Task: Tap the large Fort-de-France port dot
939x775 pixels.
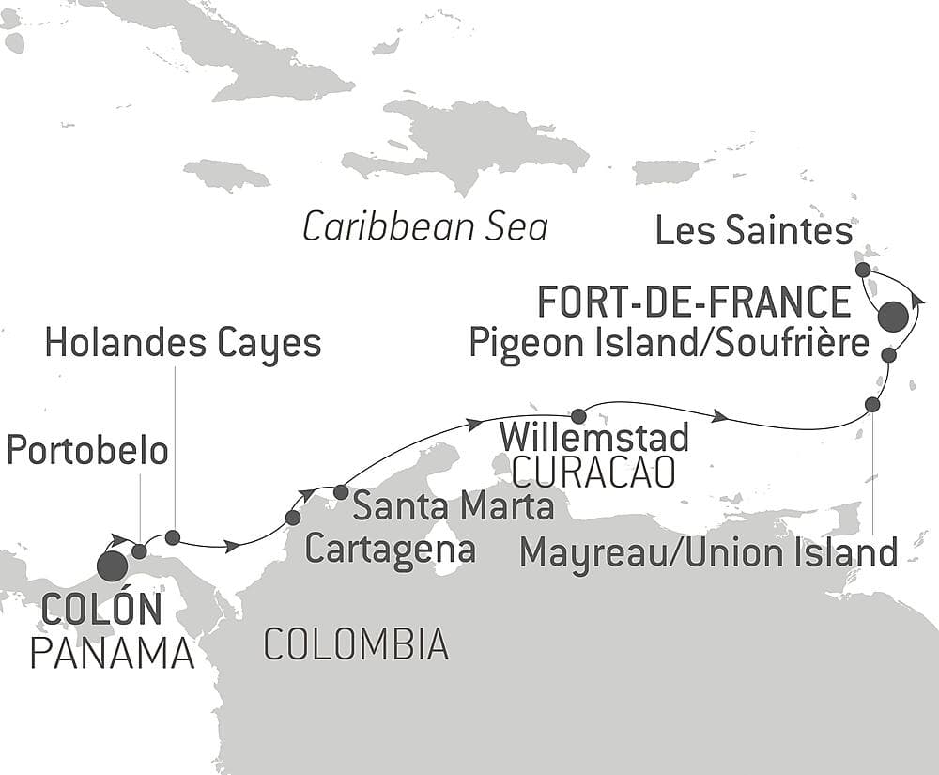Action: click(x=893, y=317)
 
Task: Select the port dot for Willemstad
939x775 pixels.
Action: click(x=578, y=416)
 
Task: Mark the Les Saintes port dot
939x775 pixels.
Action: click(x=863, y=270)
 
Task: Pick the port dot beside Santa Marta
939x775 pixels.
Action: click(x=340, y=491)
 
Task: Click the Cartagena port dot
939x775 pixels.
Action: click(x=293, y=518)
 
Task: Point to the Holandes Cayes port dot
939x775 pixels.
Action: click(x=173, y=537)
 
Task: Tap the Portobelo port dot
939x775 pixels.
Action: click(x=139, y=550)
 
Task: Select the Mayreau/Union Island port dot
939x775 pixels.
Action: click(x=872, y=404)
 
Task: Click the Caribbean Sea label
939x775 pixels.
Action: click(x=424, y=227)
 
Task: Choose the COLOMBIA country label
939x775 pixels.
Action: click(x=355, y=644)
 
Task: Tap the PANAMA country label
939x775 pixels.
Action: click(x=112, y=653)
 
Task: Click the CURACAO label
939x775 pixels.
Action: click(x=593, y=473)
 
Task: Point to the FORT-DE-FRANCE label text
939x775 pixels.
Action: click(x=693, y=302)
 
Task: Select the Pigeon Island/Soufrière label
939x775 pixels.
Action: click(x=669, y=344)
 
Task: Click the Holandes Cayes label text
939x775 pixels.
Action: click(x=183, y=344)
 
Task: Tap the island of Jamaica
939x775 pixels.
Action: click(x=226, y=175)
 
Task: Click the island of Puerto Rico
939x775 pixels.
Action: click(x=666, y=172)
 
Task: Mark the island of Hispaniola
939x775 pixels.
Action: click(x=469, y=146)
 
